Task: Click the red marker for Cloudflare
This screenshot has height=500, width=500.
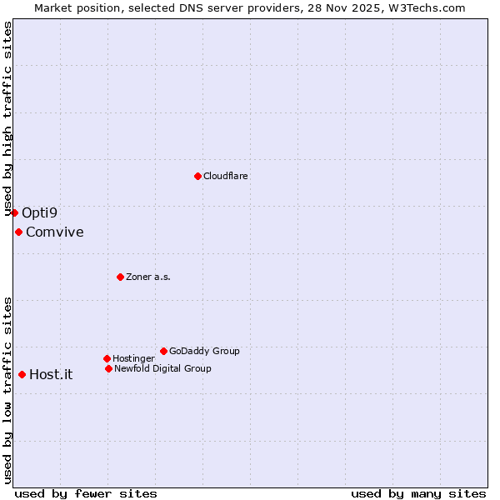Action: [197, 176]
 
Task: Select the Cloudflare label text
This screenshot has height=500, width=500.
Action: [225, 176]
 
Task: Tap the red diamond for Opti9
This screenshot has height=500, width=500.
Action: [14, 212]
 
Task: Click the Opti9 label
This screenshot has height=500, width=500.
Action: [39, 212]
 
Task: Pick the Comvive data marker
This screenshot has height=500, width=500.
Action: [18, 232]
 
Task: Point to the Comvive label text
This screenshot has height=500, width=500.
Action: [54, 232]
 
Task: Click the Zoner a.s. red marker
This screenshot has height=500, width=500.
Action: [120, 277]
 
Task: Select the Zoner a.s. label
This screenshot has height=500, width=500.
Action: [148, 277]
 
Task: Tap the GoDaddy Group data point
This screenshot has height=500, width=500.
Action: [163, 351]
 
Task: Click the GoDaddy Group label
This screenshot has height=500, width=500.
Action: [204, 351]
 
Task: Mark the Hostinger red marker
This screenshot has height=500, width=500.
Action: [107, 358]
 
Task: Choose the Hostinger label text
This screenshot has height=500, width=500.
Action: [133, 358]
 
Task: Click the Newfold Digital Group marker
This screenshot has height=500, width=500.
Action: [108, 368]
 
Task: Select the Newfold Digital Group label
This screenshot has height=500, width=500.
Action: [162, 368]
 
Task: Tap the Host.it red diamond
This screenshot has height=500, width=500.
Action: [22, 374]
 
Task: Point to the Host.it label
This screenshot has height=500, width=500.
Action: [51, 374]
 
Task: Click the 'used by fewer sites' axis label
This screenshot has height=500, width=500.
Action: [86, 493]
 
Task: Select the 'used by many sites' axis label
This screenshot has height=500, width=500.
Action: [418, 493]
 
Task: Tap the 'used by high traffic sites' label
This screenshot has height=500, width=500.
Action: [7, 120]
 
